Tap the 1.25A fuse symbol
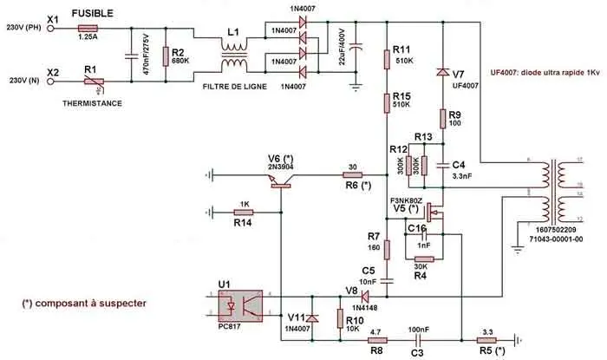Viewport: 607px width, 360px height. (x=88, y=28)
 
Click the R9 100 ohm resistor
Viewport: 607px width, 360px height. (x=442, y=118)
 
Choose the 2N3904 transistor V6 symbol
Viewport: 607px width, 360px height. (x=281, y=179)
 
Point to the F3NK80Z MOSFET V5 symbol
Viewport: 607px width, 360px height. (x=436, y=212)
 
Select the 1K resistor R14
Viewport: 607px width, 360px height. (x=245, y=210)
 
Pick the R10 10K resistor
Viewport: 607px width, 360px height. (x=339, y=317)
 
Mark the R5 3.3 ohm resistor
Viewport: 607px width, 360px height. (x=487, y=339)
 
